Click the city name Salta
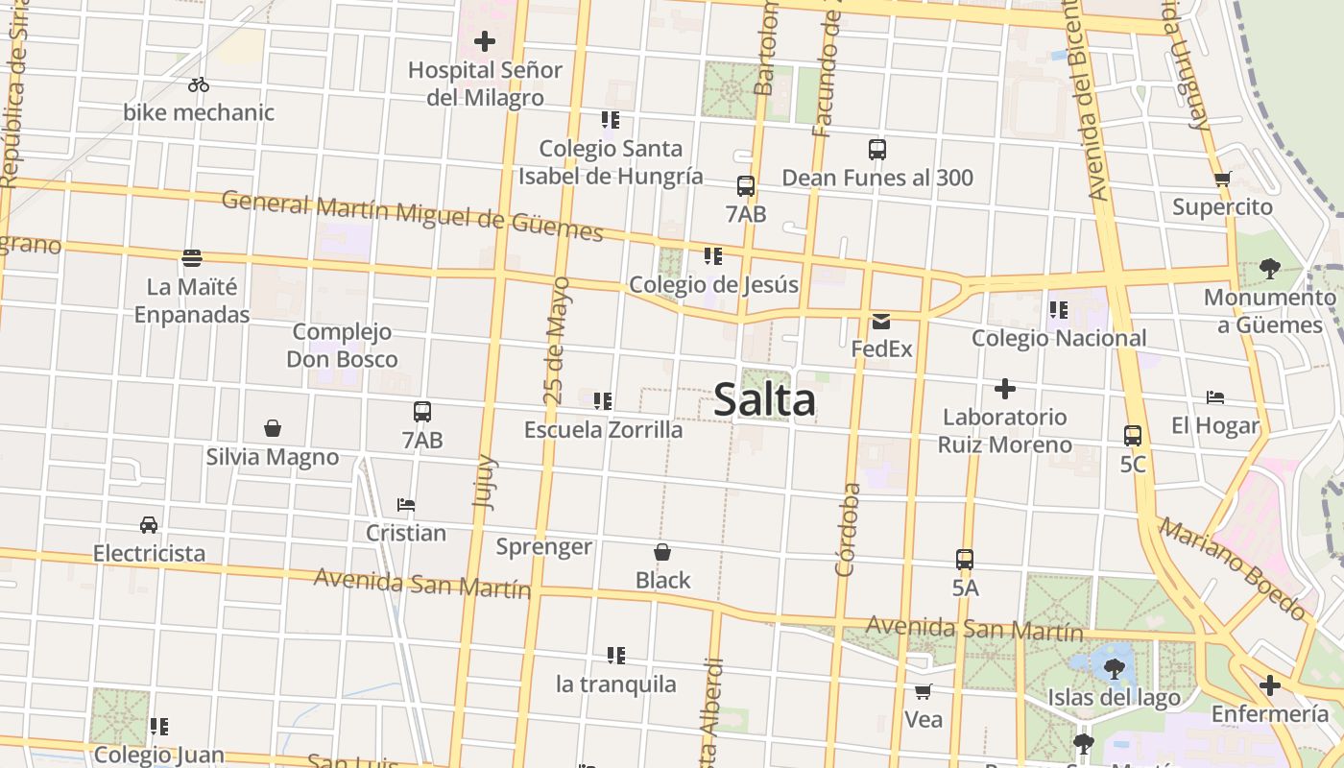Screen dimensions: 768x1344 tap(764, 400)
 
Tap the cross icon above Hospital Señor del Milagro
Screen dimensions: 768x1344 tap(485, 41)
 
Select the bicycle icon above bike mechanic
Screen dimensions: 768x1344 tap(199, 84)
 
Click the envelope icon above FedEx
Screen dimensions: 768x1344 tap(881, 322)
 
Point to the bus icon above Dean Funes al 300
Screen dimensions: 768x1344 tap(877, 150)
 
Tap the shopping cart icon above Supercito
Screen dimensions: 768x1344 tap(1222, 179)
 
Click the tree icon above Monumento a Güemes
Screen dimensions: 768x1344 tap(1269, 269)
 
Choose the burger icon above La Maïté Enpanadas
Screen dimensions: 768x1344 tap(192, 258)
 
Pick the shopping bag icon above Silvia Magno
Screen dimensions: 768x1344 tap(273, 428)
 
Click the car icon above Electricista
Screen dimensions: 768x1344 tap(149, 525)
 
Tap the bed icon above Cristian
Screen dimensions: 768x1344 tap(406, 505)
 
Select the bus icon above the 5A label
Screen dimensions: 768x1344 tap(965, 560)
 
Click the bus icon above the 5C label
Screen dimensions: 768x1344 tap(1133, 436)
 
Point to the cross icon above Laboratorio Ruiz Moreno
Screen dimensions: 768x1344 tap(1005, 389)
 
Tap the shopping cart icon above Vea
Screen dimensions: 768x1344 tap(924, 691)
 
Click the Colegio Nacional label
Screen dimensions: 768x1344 tap(1059, 338)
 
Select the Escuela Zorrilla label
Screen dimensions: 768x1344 tap(603, 429)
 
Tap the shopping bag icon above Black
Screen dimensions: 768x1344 tap(662, 552)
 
